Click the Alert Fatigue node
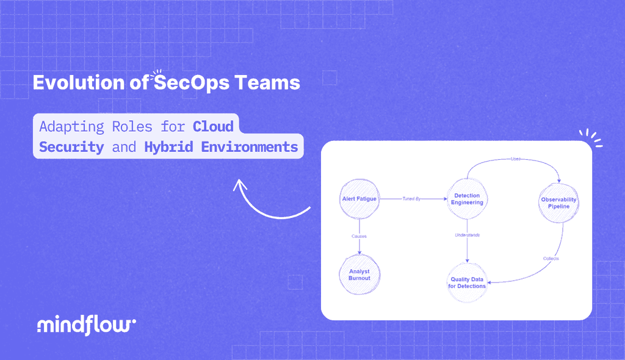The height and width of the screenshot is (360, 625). (359, 199)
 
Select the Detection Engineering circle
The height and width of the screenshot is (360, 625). (468, 199)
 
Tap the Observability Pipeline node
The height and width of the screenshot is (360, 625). (558, 203)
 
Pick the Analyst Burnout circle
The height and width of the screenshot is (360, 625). (359, 274)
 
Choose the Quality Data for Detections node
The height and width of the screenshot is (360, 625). (468, 283)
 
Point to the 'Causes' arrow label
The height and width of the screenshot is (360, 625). (359, 236)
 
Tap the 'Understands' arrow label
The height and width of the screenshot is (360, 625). (468, 235)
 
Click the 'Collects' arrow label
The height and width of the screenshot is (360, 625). (551, 258)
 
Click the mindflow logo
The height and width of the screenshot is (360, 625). (86, 325)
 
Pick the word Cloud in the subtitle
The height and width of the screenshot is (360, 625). (213, 127)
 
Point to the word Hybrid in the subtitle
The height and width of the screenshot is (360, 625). (165, 147)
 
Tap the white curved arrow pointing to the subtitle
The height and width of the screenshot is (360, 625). (269, 204)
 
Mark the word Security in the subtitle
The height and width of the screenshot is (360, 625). (71, 147)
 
